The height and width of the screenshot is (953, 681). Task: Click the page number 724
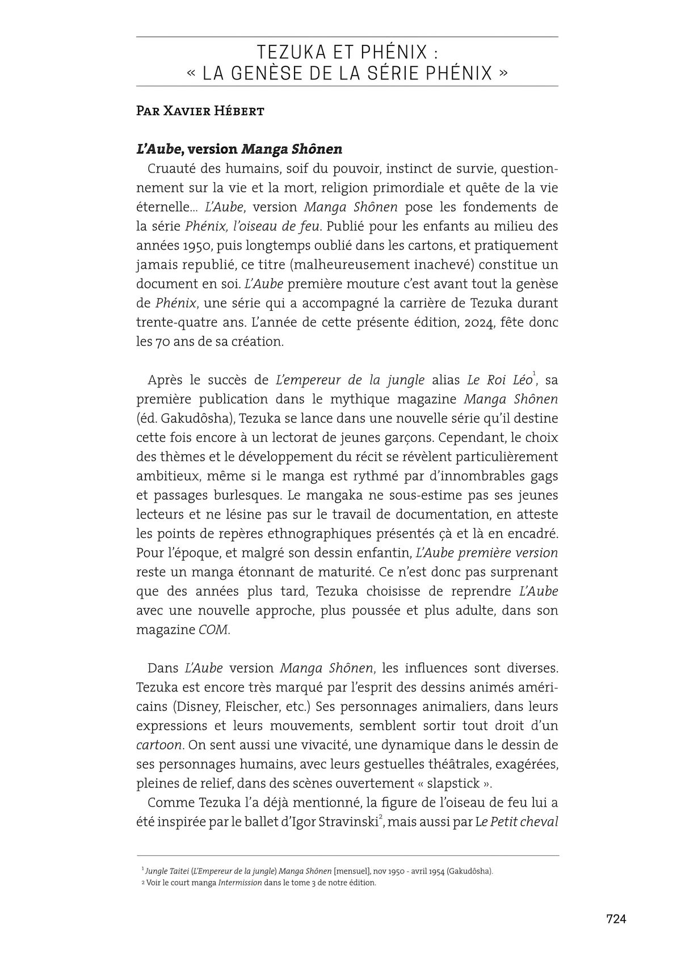click(x=616, y=919)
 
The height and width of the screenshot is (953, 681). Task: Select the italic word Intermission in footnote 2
click(x=240, y=883)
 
